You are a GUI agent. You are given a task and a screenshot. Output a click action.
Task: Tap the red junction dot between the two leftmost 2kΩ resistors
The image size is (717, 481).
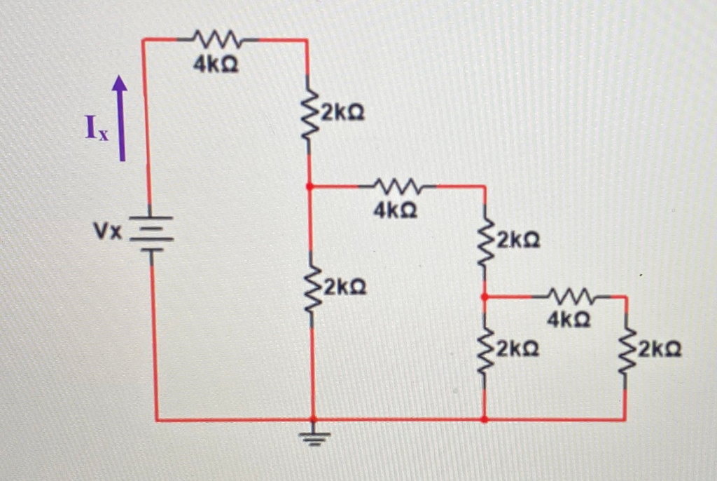309,187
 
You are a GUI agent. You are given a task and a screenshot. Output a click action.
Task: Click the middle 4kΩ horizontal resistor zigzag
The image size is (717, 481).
397,187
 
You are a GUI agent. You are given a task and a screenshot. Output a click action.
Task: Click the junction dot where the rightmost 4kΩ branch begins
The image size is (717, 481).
485,297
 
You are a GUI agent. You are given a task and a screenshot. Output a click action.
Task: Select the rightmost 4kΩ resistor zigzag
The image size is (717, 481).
571,297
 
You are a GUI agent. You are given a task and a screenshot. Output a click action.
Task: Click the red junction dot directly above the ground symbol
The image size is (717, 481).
313,419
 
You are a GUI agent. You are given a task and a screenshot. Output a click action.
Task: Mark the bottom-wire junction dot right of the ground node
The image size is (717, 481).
485,419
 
